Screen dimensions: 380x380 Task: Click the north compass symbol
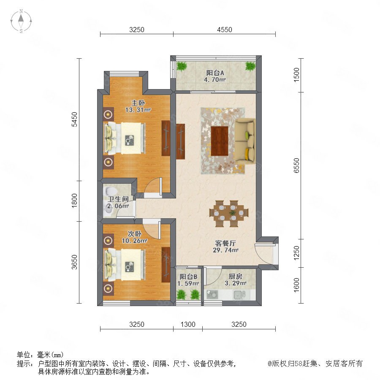point(21,21)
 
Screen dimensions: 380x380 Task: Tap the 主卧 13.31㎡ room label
point(138,106)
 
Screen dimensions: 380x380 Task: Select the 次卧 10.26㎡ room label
point(135,237)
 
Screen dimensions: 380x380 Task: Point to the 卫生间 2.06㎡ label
point(118,203)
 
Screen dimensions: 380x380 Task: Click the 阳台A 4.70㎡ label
point(215,76)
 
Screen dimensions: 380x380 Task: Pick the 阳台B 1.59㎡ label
point(188,280)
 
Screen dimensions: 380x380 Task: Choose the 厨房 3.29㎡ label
point(236,280)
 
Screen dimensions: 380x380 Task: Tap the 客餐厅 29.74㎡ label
point(225,247)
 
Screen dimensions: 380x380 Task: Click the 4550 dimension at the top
point(225,30)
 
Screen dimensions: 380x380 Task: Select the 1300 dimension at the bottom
point(188,324)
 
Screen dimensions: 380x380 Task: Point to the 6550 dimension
point(296,166)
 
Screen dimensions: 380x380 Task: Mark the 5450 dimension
point(74,119)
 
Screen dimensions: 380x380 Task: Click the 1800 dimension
point(74,201)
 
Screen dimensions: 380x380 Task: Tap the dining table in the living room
point(229,214)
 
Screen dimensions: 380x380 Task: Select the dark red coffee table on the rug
point(220,141)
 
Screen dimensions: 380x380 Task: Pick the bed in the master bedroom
point(125,138)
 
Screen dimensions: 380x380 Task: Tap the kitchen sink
point(240,295)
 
